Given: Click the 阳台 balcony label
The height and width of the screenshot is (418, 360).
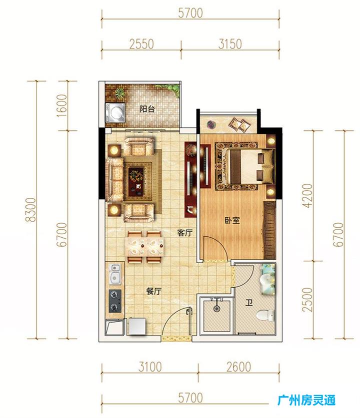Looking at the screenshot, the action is coord(147,109).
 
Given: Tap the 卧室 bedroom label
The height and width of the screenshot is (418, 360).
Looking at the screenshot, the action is coord(232,220).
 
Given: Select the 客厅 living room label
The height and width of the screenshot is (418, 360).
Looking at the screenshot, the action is coord(184,233).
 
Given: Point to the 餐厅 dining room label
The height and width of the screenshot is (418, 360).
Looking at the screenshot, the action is coord(154,291).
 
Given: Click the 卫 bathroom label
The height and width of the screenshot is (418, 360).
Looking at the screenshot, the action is coord(249,303).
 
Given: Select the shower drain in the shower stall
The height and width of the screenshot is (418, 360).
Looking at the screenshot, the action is coord(216,309).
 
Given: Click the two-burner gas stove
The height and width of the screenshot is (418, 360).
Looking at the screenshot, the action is coord(115,301).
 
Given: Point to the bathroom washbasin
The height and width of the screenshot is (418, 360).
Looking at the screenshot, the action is coord(266,280).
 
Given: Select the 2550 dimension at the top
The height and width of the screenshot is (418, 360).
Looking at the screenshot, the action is coord(141,44).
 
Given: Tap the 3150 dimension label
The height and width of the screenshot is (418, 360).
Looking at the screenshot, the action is coord(230,44).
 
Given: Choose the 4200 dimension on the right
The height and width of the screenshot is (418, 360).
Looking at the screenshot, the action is coord(308,195).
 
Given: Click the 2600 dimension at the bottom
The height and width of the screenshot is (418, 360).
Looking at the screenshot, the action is coord(239,367).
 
